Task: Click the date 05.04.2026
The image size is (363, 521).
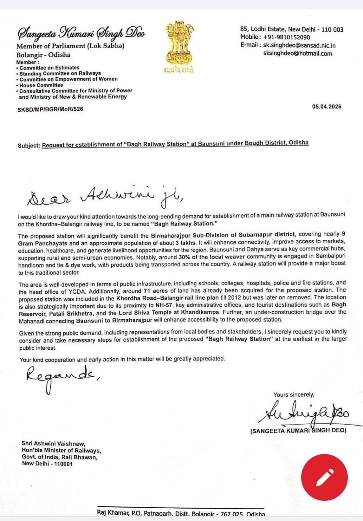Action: pos(326,106)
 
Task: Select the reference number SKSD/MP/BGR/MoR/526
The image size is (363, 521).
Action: pos(50,109)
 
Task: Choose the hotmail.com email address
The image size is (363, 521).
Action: pos(298,54)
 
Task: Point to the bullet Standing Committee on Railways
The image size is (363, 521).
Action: pos(60,73)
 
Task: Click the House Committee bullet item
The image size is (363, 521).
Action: pos(41,85)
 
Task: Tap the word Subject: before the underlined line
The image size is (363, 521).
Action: pos(29,145)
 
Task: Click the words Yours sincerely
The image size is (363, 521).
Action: pos(294,394)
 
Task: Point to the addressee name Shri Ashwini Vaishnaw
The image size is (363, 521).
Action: pos(53,443)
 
